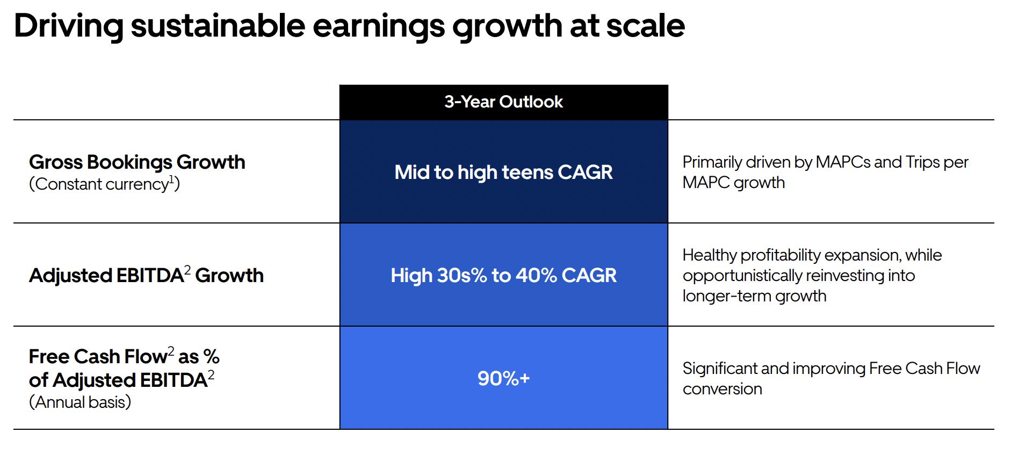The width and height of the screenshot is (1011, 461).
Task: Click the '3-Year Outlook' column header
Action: [x=503, y=102]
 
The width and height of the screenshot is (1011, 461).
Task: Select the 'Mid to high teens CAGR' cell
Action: [x=503, y=172]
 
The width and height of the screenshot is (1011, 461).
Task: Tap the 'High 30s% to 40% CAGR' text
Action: [x=503, y=276]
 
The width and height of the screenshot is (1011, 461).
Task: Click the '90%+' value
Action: [x=503, y=379]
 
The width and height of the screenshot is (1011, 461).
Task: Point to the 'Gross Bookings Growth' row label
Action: [x=137, y=162]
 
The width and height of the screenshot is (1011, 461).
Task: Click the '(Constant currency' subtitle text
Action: [x=99, y=184]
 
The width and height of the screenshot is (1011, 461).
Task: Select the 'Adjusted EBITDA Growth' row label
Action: [x=146, y=276]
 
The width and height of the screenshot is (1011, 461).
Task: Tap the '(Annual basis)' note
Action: [x=80, y=402]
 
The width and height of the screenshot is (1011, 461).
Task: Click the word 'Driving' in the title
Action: [x=69, y=26]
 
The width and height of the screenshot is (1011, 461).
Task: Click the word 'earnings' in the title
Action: [x=378, y=26]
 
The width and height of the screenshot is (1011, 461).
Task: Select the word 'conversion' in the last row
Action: [x=722, y=389]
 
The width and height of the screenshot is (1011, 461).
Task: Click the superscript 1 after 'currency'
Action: [x=172, y=179]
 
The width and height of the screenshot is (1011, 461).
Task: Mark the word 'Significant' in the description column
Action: [x=720, y=369]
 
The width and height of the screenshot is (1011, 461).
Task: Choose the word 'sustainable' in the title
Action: [x=218, y=26]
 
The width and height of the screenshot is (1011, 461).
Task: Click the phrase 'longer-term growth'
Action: [x=754, y=296]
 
